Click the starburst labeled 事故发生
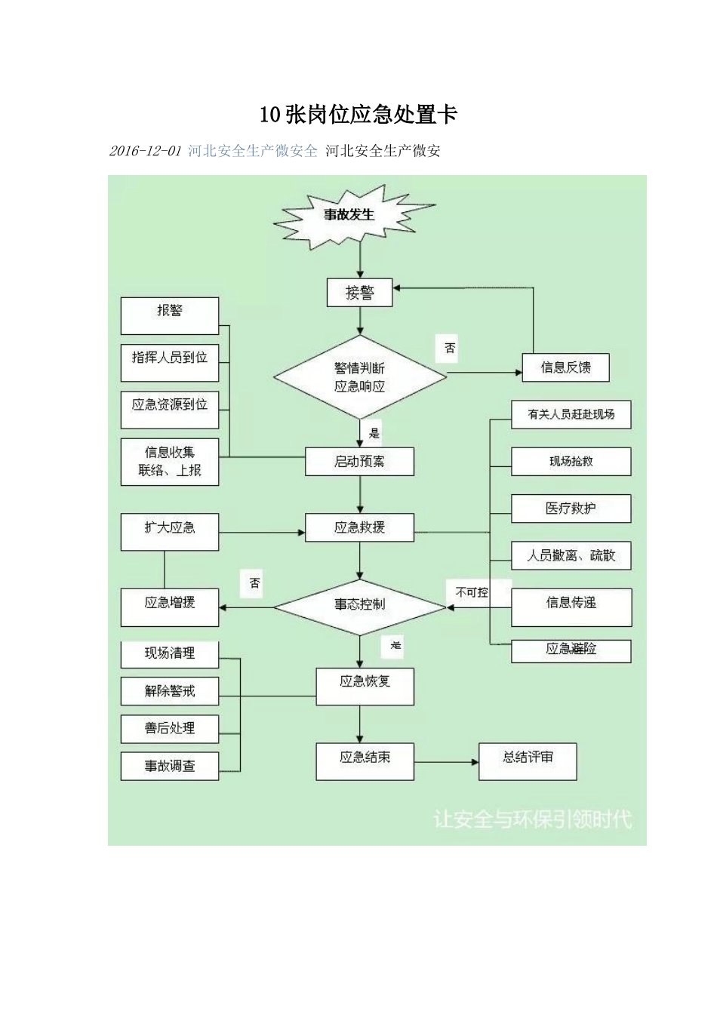click(350, 216)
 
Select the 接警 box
click(359, 293)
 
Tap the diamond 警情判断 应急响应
click(359, 377)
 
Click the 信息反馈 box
click(565, 367)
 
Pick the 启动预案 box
click(359, 461)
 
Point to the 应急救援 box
click(359, 527)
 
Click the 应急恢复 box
click(365, 686)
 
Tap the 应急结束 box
click(365, 760)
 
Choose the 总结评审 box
click(528, 760)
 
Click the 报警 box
click(170, 315)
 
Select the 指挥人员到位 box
click(170, 362)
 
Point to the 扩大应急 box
click(170, 532)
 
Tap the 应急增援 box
click(170, 607)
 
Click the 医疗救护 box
click(571, 509)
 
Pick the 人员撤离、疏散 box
click(571, 555)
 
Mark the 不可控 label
click(472, 592)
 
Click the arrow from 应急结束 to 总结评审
click(446, 761)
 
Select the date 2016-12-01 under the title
click(145, 151)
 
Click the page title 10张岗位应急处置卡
click(358, 115)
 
